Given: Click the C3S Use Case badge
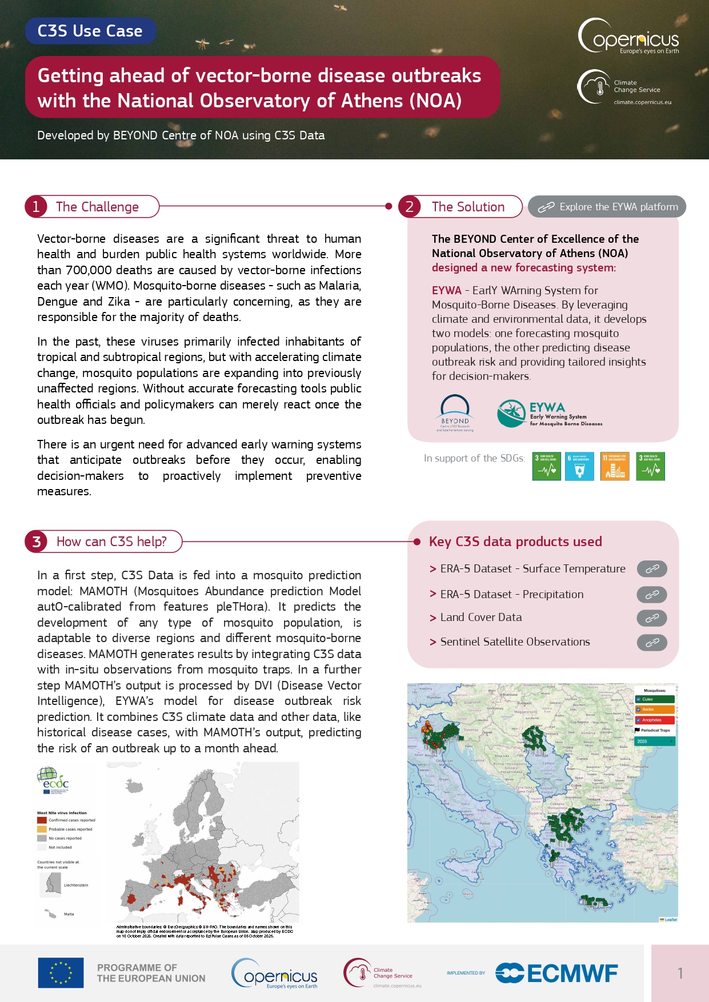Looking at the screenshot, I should point(90,31).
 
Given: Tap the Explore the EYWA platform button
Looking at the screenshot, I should point(607,207).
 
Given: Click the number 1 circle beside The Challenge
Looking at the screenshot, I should point(36,207).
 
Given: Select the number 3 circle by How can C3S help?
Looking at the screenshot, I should point(37,542).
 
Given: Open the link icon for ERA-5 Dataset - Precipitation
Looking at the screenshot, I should point(652,595).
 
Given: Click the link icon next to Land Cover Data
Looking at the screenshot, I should point(652,618).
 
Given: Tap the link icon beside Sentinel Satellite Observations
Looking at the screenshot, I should point(652,643).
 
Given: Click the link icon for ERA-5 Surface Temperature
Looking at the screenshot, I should point(652,569).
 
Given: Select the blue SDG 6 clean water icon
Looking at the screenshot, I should point(579,466).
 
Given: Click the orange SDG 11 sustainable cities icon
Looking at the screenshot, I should point(615,466).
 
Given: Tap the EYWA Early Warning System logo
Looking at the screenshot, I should point(548,414).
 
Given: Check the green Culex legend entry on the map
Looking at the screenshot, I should point(655,699).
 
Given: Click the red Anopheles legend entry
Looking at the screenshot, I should point(655,720).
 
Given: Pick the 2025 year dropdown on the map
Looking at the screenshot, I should point(655,741).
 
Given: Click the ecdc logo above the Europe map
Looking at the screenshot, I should point(53,780).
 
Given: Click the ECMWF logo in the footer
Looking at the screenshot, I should point(556,973).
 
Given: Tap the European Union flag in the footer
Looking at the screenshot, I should point(61,973).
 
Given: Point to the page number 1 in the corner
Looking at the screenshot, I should point(680,973).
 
